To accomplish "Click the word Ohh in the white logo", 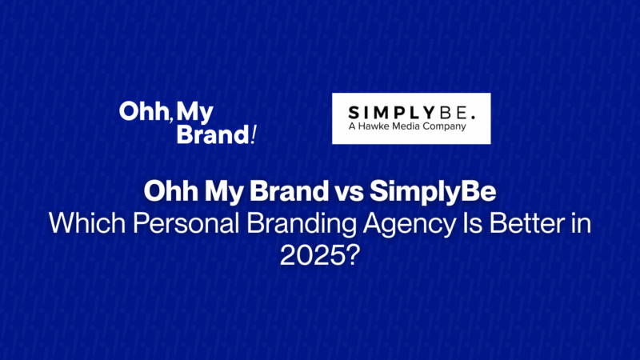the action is click(143, 111).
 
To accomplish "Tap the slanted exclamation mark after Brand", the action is click(254, 134).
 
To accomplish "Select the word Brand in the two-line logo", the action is click(213, 134).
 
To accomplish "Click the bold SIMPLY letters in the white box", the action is click(391, 113).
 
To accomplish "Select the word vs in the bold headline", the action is click(349, 191).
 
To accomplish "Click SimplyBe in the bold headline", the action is click(433, 192).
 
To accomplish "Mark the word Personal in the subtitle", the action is click(186, 223).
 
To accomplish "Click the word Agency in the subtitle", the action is click(409, 225).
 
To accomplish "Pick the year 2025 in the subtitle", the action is click(311, 256).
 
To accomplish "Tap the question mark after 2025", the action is click(352, 255).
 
